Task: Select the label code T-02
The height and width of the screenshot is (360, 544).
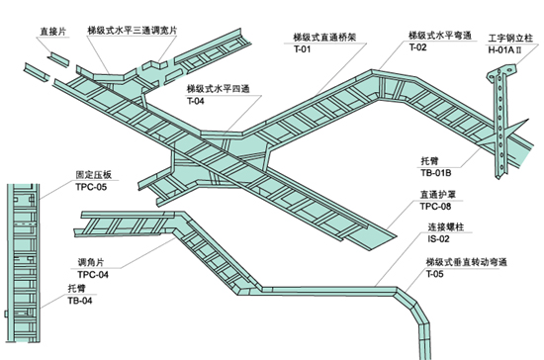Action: coord(417,47)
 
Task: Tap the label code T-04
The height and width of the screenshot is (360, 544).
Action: coord(198,101)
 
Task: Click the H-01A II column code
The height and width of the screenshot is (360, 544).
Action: coord(507,45)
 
